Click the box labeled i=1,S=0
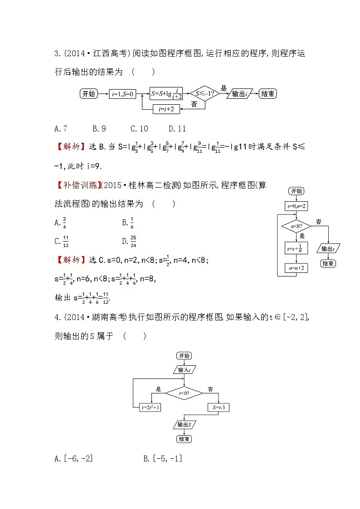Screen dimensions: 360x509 point(122,94)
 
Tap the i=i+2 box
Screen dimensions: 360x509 point(166,109)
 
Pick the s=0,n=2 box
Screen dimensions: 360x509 point(296,206)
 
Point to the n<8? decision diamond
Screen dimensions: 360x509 point(296,225)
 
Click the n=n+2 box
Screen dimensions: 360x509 point(296,268)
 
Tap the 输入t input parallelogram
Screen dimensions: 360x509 point(184,370)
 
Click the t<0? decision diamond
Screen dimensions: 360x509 point(184,393)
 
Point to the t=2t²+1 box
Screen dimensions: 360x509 point(151,407)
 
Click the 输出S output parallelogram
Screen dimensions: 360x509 point(184,425)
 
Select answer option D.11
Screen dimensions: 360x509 point(177,129)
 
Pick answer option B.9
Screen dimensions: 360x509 point(99,129)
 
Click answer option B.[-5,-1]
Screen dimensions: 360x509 point(162,459)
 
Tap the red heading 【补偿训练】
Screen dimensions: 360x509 point(72,187)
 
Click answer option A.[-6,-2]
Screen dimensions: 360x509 point(73,459)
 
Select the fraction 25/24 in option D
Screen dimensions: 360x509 point(133,241)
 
